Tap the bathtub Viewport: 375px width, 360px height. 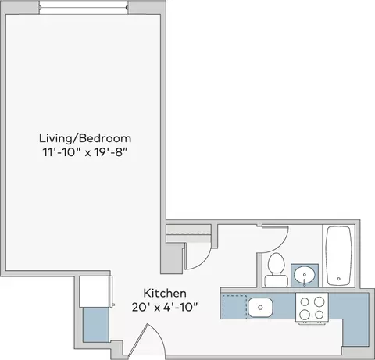point(340,256)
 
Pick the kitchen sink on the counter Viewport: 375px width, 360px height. point(260,306)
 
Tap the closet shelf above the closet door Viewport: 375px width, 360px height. point(188,231)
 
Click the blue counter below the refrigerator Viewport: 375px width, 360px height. point(96,326)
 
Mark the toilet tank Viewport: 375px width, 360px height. point(274,260)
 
